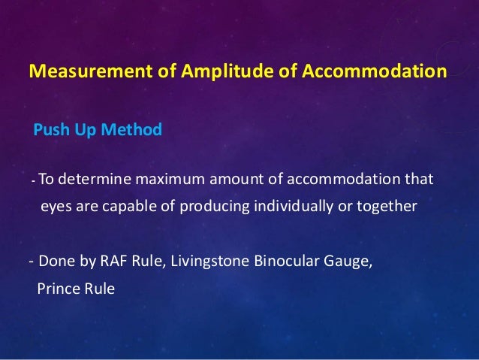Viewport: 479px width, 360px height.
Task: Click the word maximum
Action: (x=170, y=180)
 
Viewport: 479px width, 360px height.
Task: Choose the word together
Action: (x=385, y=204)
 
